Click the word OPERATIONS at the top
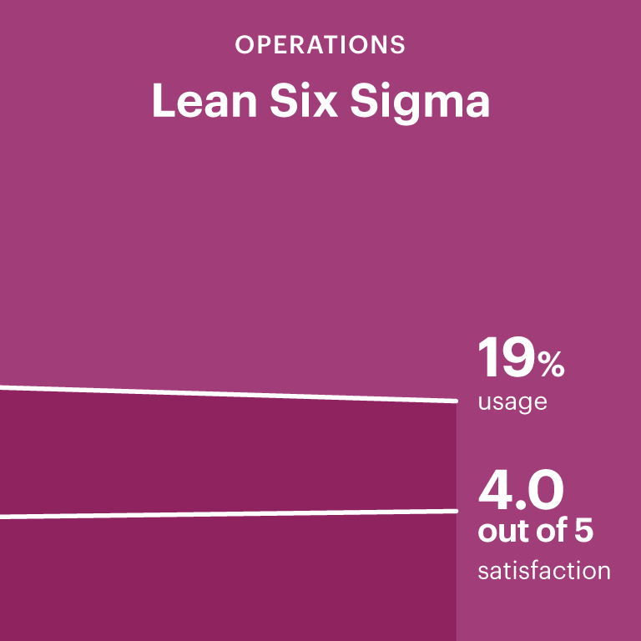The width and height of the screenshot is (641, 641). tap(320, 45)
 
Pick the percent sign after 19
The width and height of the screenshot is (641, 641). tap(551, 366)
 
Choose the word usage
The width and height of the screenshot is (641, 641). tap(512, 403)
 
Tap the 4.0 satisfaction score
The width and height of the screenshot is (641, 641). tap(521, 492)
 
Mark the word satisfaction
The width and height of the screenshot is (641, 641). tap(543, 572)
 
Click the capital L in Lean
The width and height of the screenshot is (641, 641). tap(163, 102)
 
